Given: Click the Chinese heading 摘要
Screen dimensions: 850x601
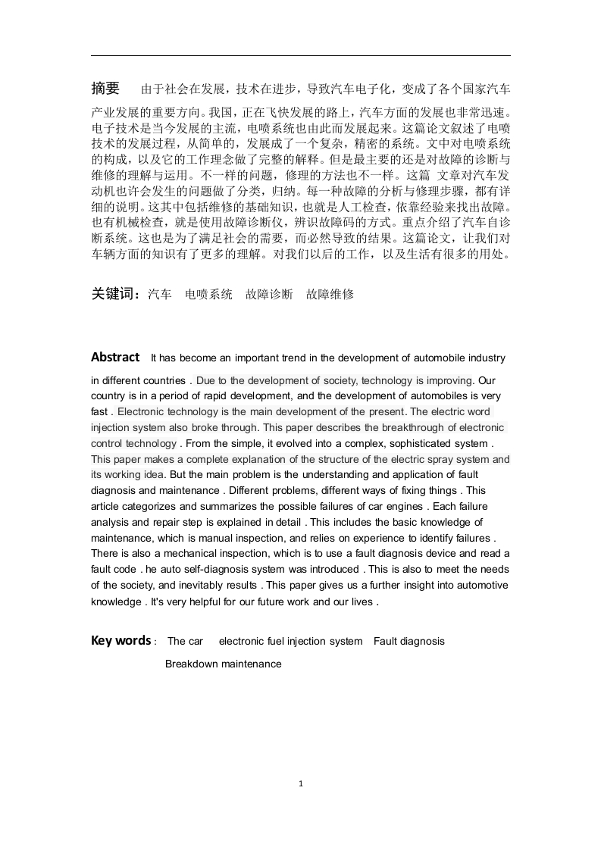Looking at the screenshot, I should pos(105,89).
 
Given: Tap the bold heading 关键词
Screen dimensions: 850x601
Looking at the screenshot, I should pos(114,294).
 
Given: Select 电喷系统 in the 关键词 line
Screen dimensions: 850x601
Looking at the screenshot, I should pos(209,295).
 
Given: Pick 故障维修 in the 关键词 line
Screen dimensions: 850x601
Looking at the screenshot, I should pos(330,295).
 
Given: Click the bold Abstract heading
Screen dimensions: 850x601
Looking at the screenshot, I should pos(115,357).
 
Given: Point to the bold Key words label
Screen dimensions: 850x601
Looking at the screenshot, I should pos(121,641).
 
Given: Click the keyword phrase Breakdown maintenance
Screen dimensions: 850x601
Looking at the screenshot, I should pos(223,664).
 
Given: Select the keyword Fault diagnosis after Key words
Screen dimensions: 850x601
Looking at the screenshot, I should pos(409,642).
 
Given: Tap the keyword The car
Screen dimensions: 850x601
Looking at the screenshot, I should pos(186,642).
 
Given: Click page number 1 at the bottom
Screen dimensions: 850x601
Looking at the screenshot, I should pos(301,784).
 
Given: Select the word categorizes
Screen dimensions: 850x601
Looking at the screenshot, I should pos(142,506).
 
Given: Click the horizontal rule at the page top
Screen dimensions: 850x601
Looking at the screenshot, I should pos(301,55).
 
